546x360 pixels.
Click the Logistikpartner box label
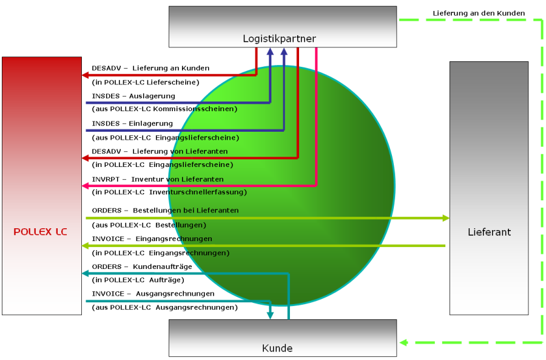click(x=279, y=39)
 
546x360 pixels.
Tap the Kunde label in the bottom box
click(x=277, y=348)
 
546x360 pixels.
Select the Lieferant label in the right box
click(x=489, y=232)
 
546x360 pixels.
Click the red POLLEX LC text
click(x=41, y=232)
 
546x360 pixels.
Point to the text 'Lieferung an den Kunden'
click(x=479, y=13)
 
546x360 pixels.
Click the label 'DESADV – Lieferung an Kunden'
click(x=150, y=68)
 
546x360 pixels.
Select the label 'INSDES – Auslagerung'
click(x=133, y=96)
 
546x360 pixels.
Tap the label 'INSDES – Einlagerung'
click(x=132, y=123)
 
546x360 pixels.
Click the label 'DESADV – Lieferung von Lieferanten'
click(x=160, y=151)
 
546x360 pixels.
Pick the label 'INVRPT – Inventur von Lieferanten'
click(x=158, y=179)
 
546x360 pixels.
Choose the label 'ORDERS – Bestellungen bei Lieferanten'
click(x=165, y=210)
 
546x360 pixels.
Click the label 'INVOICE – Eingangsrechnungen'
click(x=152, y=239)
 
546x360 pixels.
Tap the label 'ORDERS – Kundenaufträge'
click(x=142, y=267)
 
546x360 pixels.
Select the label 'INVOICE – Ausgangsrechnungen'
click(x=153, y=294)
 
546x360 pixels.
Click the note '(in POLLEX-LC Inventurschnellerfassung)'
click(x=169, y=192)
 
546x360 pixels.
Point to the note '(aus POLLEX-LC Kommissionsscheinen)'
click(x=164, y=109)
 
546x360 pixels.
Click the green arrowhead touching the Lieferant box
click(x=446, y=218)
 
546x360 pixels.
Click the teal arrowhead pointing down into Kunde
click(x=271, y=314)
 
